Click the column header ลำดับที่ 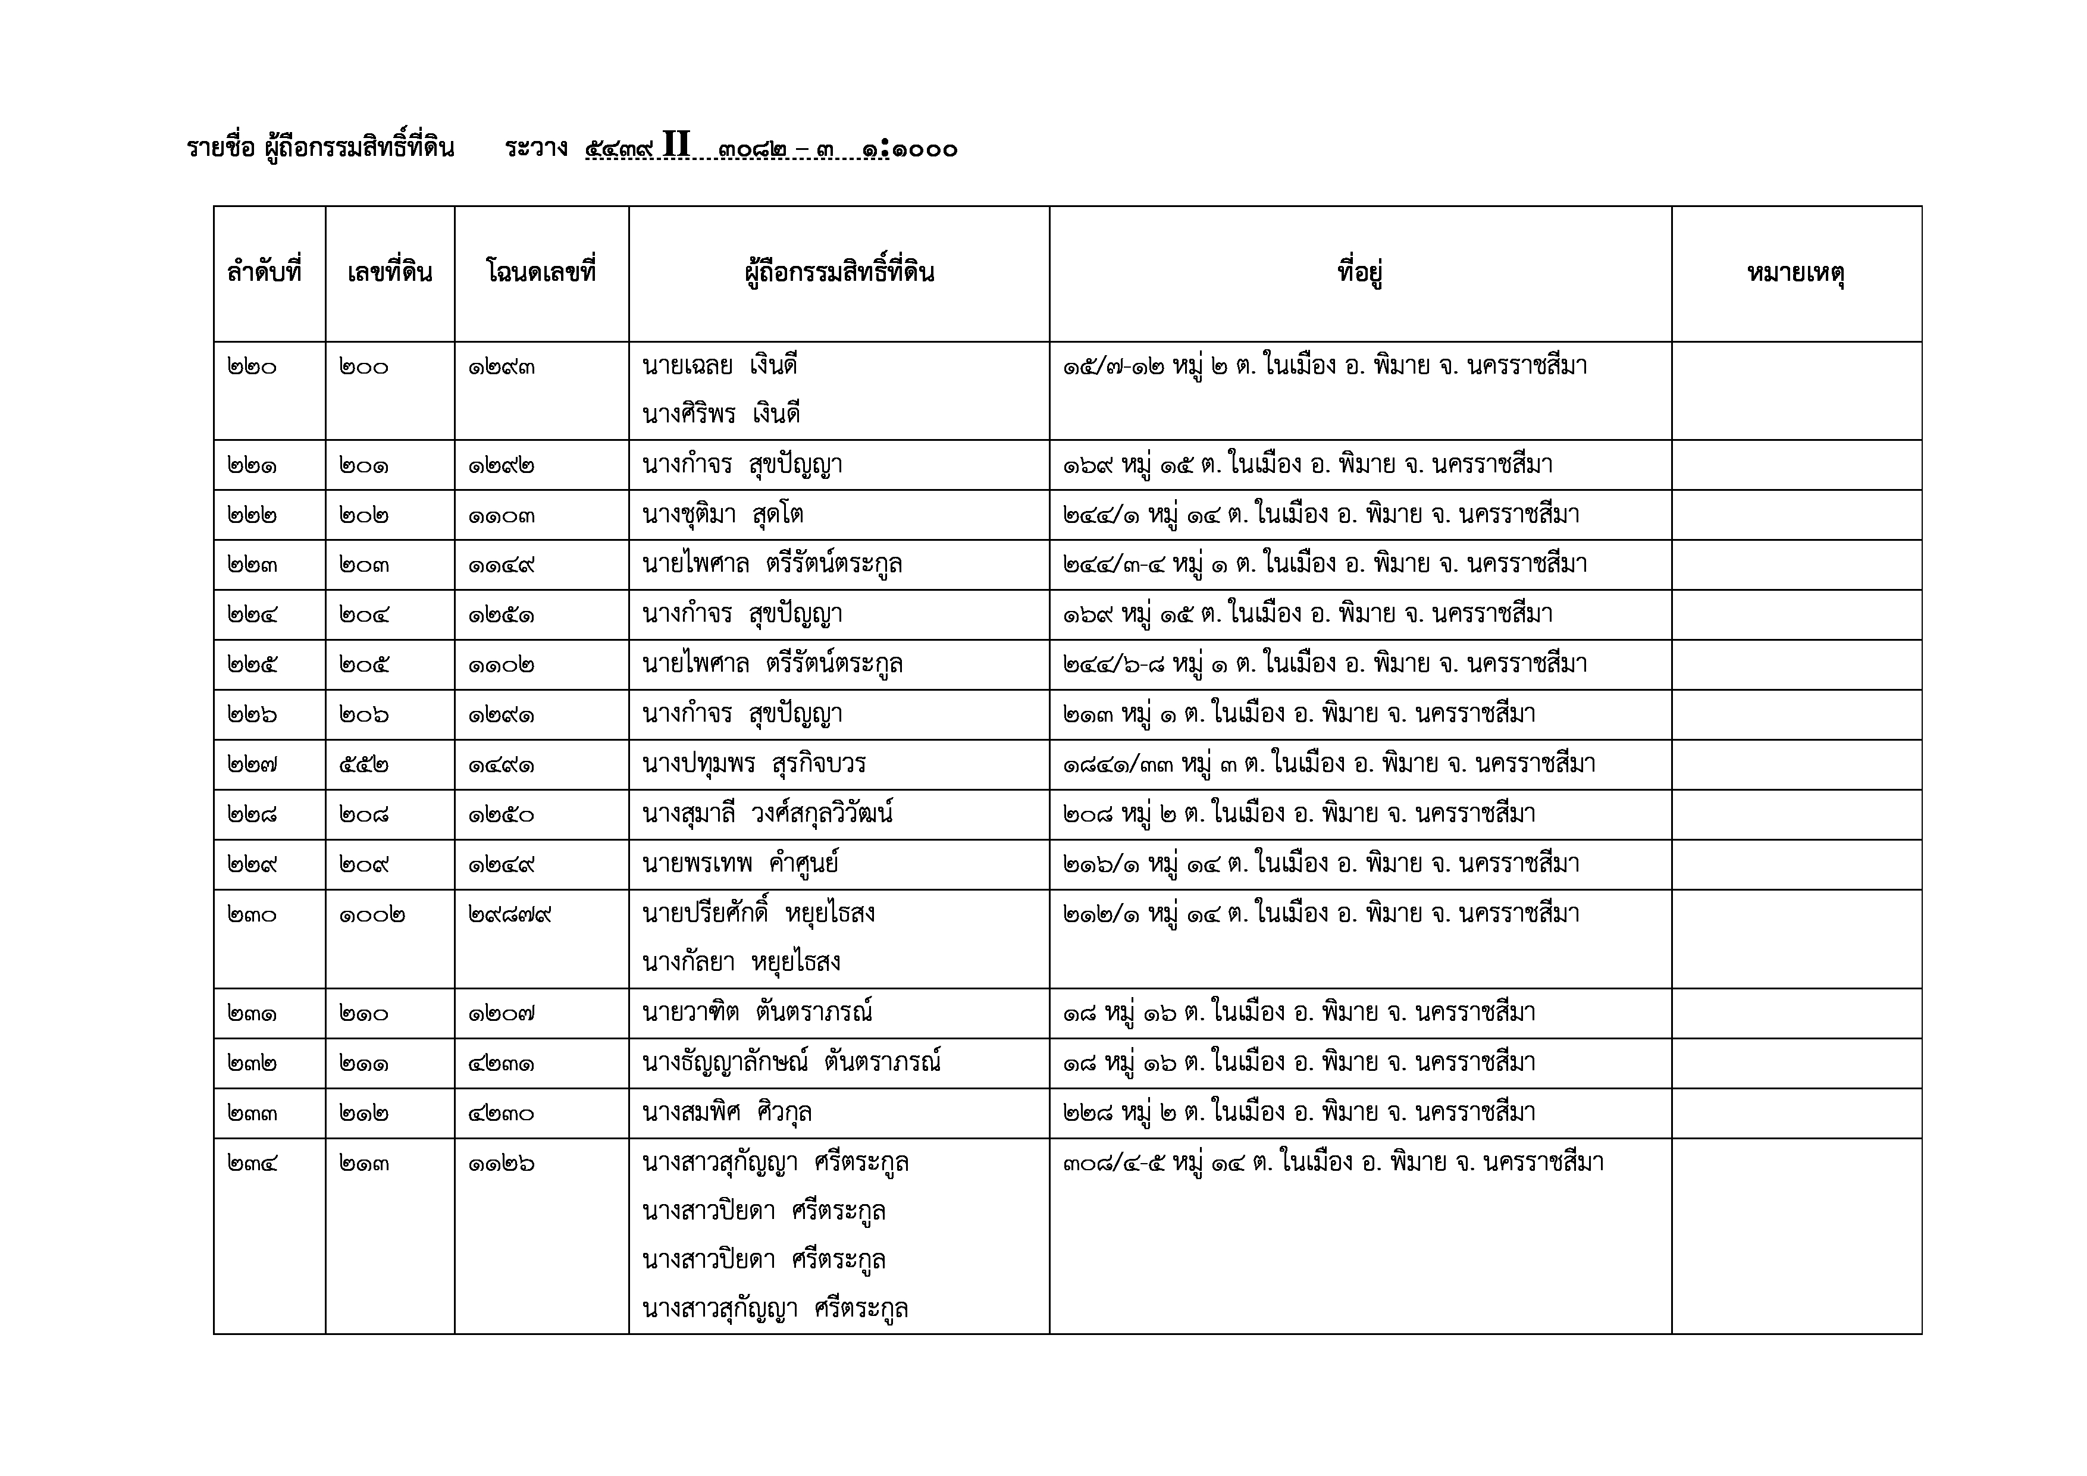[x=264, y=272]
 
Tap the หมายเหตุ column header [x=1795, y=272]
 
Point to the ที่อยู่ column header [x=1360, y=272]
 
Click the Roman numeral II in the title [x=676, y=145]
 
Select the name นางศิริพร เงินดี [x=721, y=415]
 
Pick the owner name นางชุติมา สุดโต [x=723, y=515]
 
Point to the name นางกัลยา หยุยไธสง [x=741, y=963]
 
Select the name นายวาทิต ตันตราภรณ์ [x=757, y=1013]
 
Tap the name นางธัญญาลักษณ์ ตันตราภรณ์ [x=791, y=1063]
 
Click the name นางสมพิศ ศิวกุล [x=726, y=1113]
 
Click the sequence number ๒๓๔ [x=253, y=1163]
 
